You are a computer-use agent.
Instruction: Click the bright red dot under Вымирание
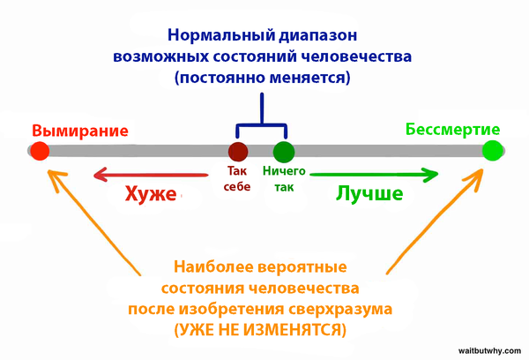point(40,151)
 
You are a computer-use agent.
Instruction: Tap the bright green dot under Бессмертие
point(492,151)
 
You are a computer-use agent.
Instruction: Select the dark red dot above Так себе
point(238,152)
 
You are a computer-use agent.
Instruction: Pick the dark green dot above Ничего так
point(284,152)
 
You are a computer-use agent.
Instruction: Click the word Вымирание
point(80,131)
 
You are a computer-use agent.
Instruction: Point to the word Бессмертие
point(453,130)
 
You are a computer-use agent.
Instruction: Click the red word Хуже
point(151,194)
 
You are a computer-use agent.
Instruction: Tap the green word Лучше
point(369,194)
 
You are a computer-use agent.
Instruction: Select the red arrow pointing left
point(151,175)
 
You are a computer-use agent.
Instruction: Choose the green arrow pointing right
point(374,175)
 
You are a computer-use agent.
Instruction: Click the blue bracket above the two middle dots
point(262,124)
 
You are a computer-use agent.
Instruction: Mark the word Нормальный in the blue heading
point(220,35)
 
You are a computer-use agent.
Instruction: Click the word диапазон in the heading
point(317,36)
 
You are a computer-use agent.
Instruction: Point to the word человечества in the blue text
point(356,56)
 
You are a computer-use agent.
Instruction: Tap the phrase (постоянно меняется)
point(263,78)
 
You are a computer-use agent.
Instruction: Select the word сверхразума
point(340,310)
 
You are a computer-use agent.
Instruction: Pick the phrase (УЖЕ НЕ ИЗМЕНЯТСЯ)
point(260,330)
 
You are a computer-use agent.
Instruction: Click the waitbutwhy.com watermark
point(489,351)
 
